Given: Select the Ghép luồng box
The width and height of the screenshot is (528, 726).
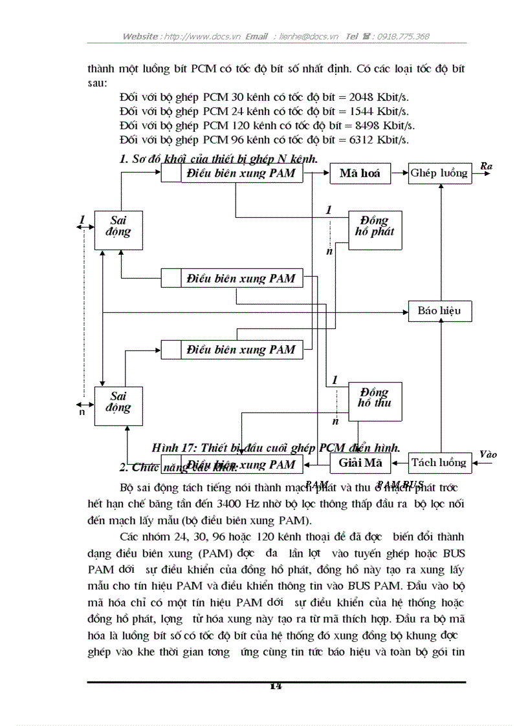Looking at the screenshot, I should tap(440, 173).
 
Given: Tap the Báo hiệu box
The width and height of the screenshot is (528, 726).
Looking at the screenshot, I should tap(439, 311).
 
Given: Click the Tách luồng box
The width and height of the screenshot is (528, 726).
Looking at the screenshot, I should tap(439, 462).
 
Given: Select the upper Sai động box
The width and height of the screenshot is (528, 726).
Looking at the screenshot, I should tap(118, 229).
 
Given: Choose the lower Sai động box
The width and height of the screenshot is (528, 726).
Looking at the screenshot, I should tap(118, 405).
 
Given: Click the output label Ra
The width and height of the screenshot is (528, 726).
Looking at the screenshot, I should tap(486, 166).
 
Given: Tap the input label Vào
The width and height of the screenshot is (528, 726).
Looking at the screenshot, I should tap(488, 454).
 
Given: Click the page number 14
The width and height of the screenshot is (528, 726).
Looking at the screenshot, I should tap(276, 687).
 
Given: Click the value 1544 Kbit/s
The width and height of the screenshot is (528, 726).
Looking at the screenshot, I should tap(379, 111).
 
